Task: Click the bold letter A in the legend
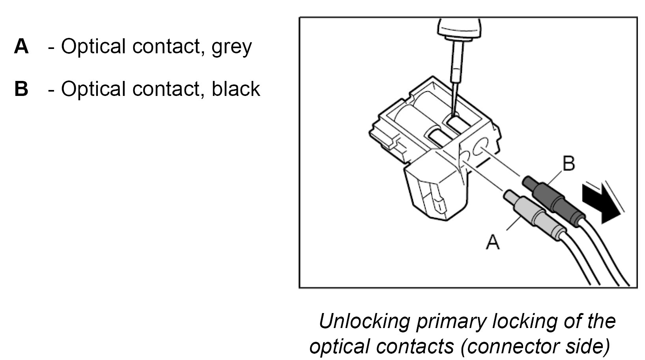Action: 21,46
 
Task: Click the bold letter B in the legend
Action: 21,88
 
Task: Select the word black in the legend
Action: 236,88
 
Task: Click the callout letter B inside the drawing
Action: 568,163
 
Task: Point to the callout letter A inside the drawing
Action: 493,242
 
